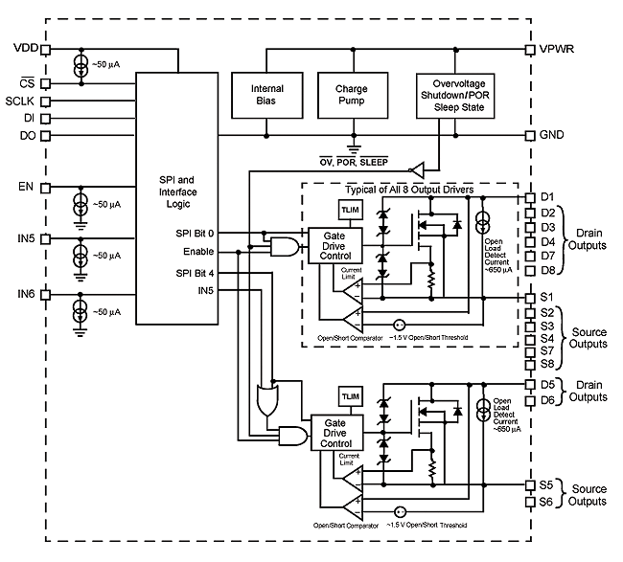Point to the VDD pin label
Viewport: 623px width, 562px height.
pos(26,47)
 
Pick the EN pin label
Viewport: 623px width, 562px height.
pos(25,185)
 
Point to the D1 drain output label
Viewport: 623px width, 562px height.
pos(547,197)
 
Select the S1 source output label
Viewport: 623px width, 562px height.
pos(546,298)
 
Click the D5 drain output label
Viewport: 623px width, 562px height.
pos(547,385)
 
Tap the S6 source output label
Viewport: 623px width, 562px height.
pos(546,502)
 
